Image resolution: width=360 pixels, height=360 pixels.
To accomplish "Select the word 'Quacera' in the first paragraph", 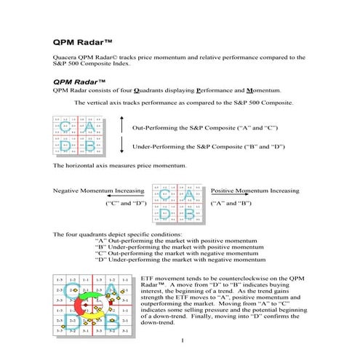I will (67, 57).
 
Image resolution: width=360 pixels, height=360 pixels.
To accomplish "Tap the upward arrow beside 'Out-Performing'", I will (121, 126).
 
